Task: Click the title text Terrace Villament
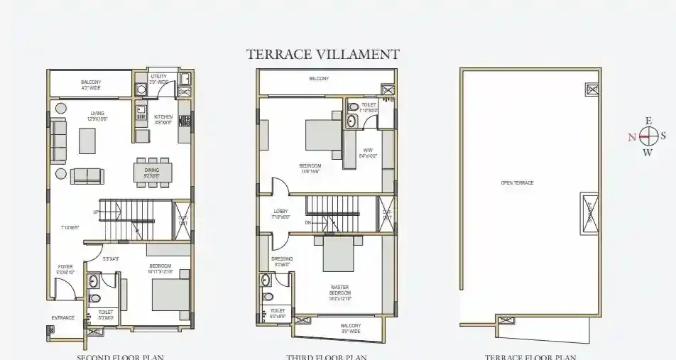click(x=322, y=54)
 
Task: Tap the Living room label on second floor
click(x=97, y=113)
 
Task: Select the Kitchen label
click(x=163, y=116)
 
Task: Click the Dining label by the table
click(x=151, y=170)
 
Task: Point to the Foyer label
click(x=65, y=267)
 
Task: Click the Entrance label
click(x=63, y=317)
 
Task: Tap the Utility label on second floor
click(x=158, y=76)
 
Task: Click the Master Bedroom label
click(x=339, y=289)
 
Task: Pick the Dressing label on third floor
click(x=282, y=259)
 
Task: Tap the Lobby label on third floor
click(x=280, y=212)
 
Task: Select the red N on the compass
click(x=632, y=137)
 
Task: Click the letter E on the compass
click(x=647, y=121)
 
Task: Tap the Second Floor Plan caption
click(x=119, y=356)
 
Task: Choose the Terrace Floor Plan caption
click(x=530, y=356)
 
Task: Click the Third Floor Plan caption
click(x=327, y=356)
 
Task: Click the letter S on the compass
click(x=663, y=136)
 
